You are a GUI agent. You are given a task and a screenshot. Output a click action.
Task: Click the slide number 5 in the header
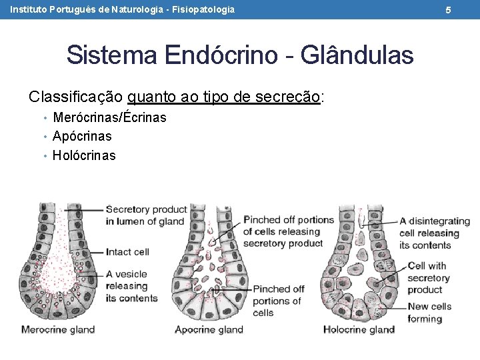click(x=467, y=10)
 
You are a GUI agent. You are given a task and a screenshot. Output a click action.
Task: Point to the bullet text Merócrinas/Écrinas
click(x=109, y=118)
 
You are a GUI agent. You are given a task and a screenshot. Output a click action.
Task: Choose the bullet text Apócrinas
click(x=82, y=136)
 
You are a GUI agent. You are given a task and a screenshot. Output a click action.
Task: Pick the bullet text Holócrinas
click(x=84, y=155)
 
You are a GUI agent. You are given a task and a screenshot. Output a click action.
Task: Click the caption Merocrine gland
click(x=58, y=329)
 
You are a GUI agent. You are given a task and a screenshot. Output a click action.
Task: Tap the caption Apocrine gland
click(x=209, y=329)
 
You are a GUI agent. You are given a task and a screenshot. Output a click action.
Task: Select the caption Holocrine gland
click(x=359, y=329)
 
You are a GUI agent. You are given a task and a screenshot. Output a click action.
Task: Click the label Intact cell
click(x=127, y=252)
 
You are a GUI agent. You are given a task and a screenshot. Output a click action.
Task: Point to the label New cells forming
click(x=429, y=313)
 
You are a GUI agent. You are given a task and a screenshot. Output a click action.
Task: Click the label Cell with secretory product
click(x=427, y=277)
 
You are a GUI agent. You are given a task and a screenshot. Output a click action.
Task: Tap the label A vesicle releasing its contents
click(x=131, y=286)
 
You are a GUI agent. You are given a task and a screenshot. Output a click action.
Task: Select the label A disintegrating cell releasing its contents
click(x=434, y=233)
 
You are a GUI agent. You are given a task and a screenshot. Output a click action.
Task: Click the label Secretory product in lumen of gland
click(x=145, y=215)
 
